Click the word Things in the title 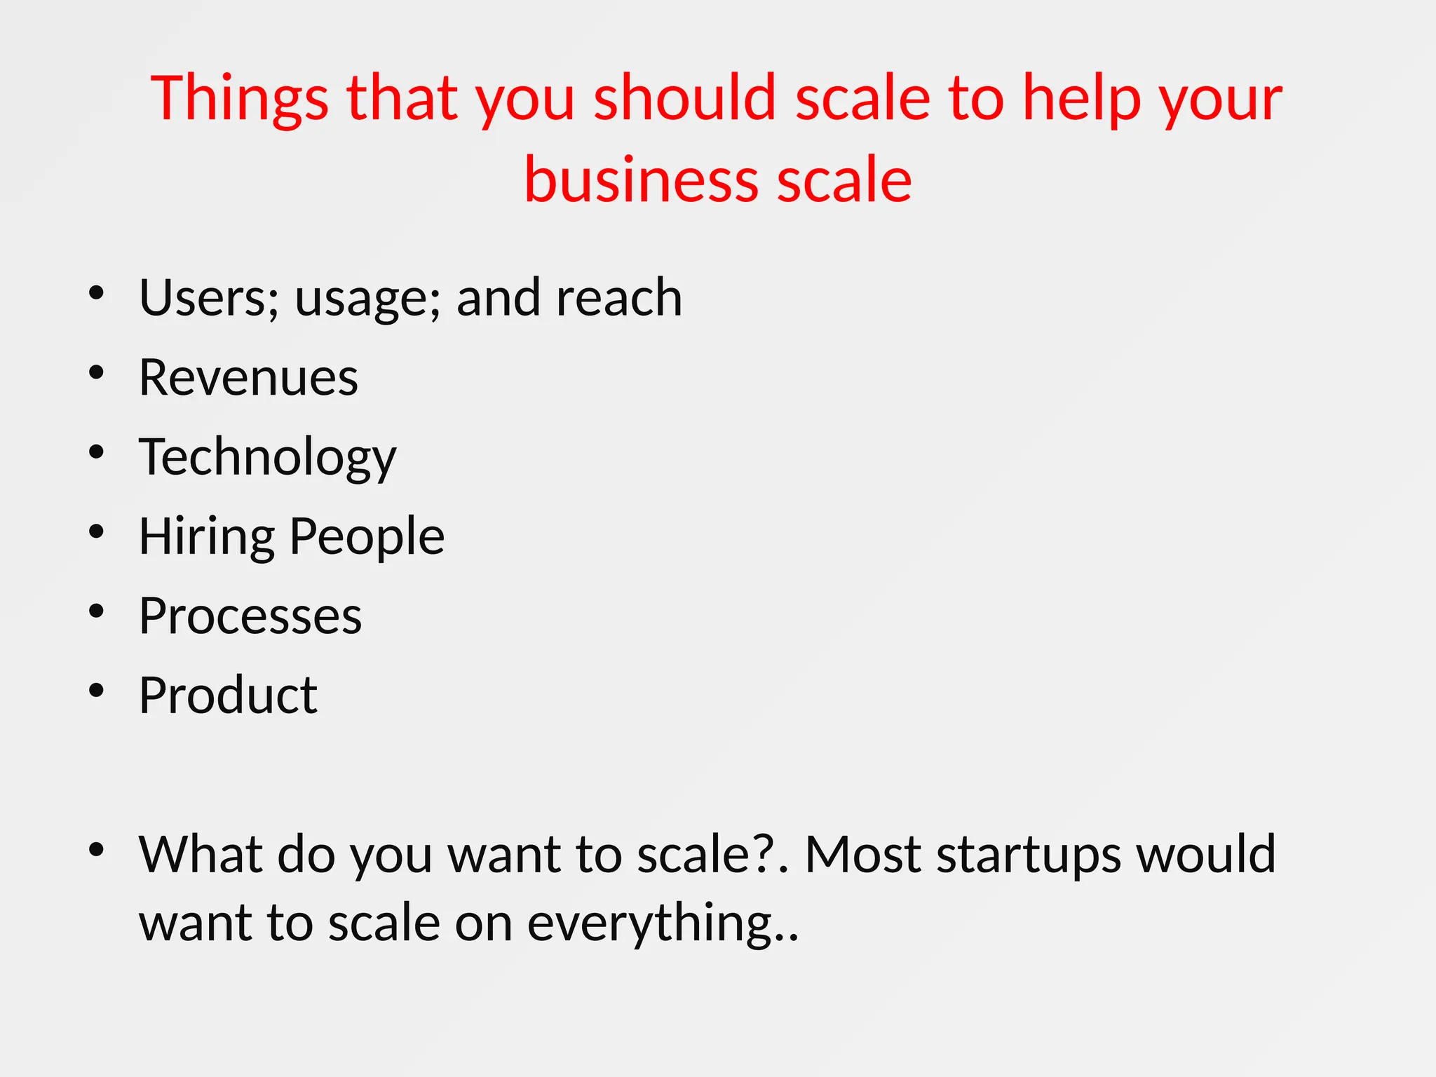(x=239, y=99)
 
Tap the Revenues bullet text (x=248, y=377)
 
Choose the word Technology (x=267, y=458)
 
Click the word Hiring (x=207, y=537)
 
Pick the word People (x=367, y=537)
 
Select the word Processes (x=250, y=616)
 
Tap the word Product (x=228, y=696)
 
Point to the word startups (x=1028, y=855)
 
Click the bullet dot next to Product (x=96, y=690)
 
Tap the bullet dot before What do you (x=96, y=849)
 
